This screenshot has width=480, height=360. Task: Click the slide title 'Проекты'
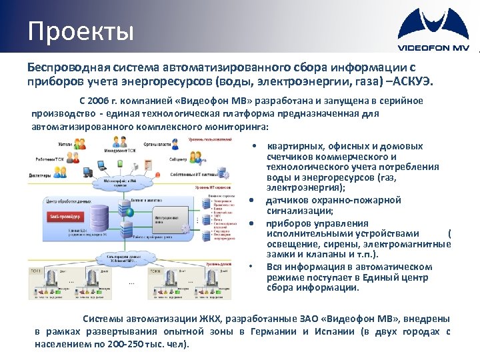pyautogui.click(x=81, y=31)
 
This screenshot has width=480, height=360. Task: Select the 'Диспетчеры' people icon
pyautogui.click(x=59, y=172)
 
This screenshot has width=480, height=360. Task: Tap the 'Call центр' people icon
pyautogui.click(x=199, y=157)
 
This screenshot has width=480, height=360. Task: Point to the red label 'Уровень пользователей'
pyautogui.click(x=210, y=139)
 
